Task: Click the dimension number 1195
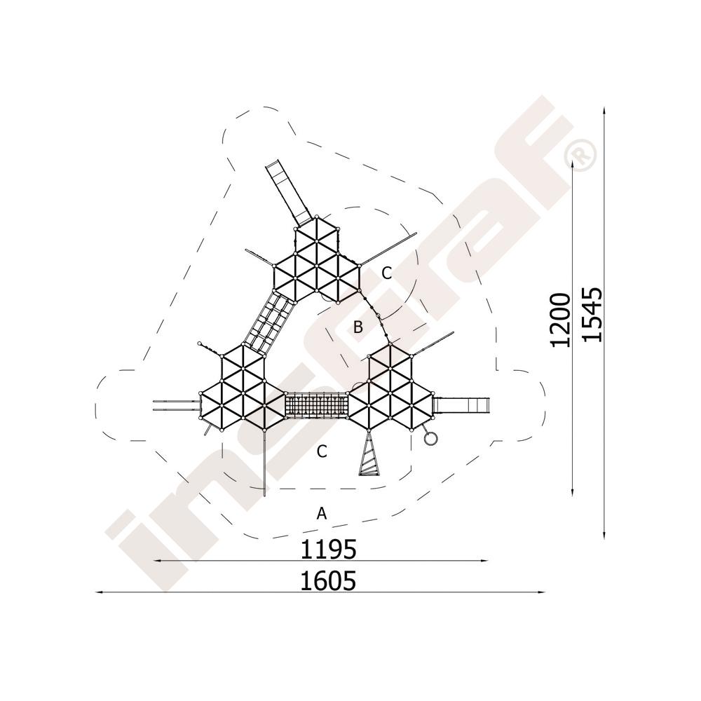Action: pos(327,549)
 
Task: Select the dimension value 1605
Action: pos(327,580)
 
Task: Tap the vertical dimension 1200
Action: pos(560,320)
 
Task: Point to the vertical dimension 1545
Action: pos(593,314)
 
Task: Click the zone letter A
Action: pos(322,513)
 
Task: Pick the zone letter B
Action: pos(358,327)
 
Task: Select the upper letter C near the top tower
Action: pos(387,273)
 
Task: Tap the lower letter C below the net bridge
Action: pos(322,451)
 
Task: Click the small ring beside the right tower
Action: pos(430,437)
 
